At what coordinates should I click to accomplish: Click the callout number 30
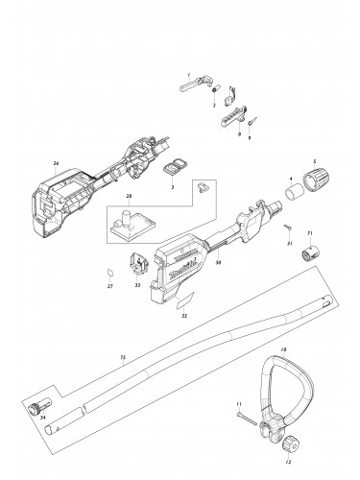click(x=220, y=262)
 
